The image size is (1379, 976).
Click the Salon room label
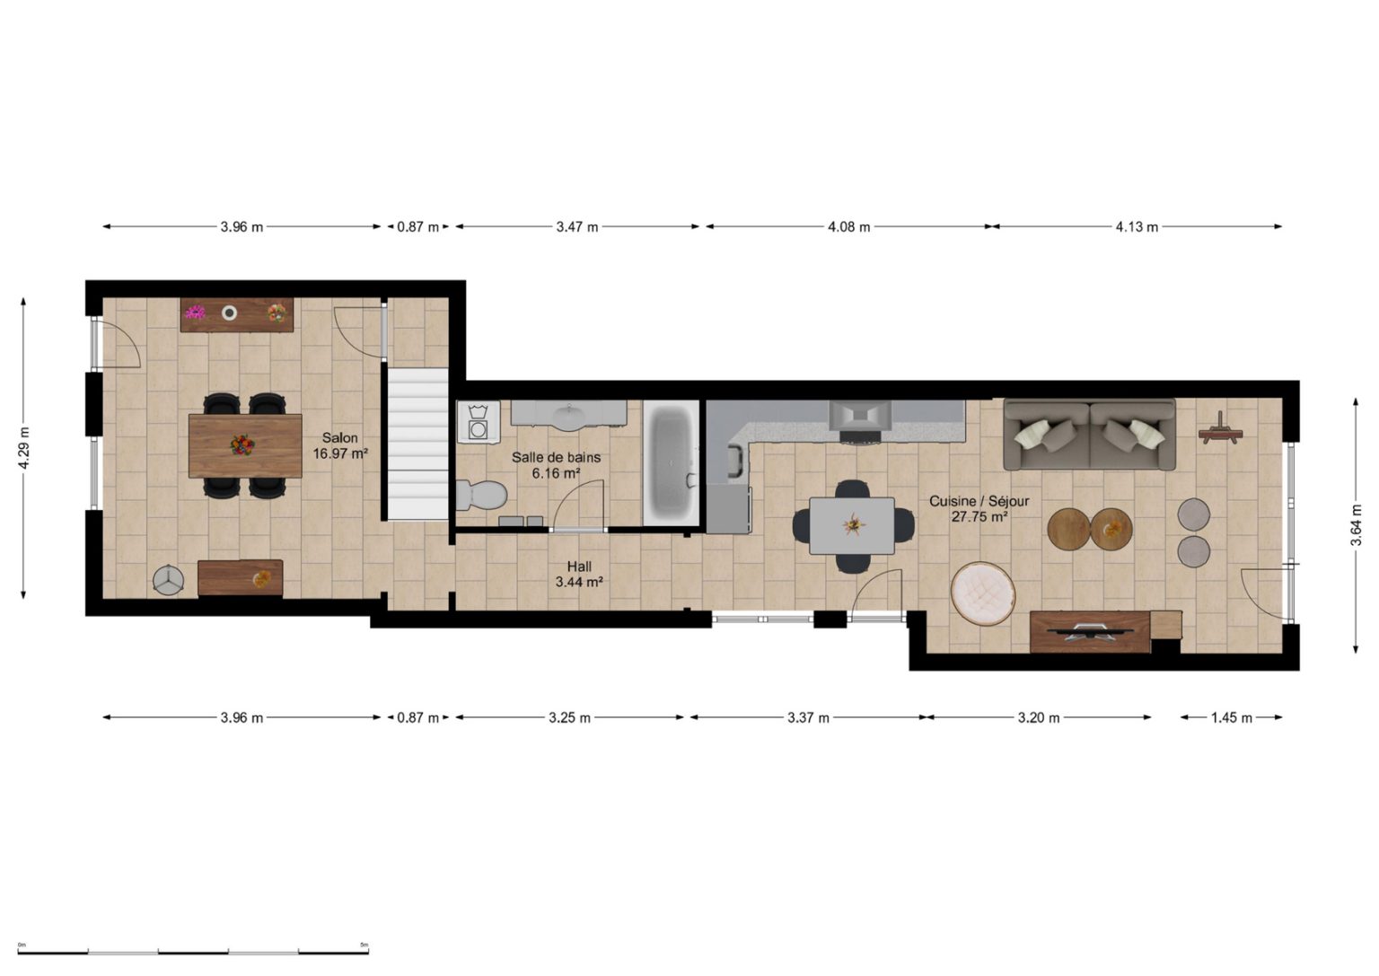click(340, 438)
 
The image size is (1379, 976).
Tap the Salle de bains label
click(556, 458)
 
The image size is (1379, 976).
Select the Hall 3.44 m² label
click(579, 574)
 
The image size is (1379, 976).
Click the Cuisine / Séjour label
click(979, 501)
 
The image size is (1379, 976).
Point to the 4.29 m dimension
click(23, 448)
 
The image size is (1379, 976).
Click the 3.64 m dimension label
click(1356, 524)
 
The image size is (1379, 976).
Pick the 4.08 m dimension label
click(849, 226)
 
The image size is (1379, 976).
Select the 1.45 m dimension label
click(1231, 717)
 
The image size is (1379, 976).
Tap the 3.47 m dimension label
click(577, 226)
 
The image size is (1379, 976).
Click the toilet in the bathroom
click(481, 495)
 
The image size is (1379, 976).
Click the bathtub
click(671, 463)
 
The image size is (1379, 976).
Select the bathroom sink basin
click(571, 418)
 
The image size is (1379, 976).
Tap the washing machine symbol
click(479, 422)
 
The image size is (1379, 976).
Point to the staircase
click(417, 444)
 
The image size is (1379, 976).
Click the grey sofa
click(1090, 434)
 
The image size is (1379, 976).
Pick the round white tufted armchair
click(983, 594)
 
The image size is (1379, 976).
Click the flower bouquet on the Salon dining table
click(242, 444)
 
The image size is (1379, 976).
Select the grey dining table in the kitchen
click(852, 526)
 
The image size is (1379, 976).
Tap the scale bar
click(193, 952)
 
